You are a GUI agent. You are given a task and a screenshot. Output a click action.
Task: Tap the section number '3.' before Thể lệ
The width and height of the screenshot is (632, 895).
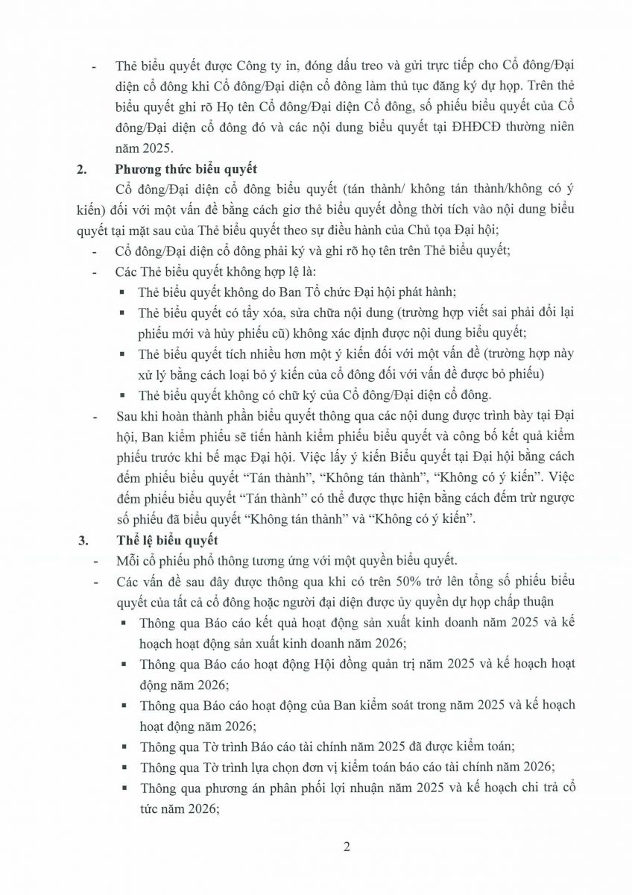pyautogui.click(x=83, y=542)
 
